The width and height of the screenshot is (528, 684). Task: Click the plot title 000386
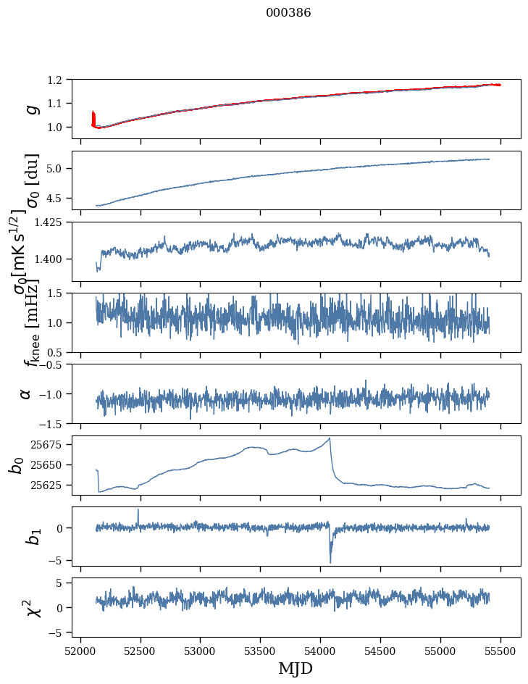[288, 13]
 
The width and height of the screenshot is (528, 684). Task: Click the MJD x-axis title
[295, 669]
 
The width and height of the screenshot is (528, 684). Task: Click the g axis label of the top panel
[31, 109]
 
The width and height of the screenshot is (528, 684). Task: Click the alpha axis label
[26, 393]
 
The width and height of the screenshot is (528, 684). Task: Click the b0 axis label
[17, 464]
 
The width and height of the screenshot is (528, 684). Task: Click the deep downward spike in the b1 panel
[330, 561]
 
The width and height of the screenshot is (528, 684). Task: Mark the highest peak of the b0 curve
[330, 438]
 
